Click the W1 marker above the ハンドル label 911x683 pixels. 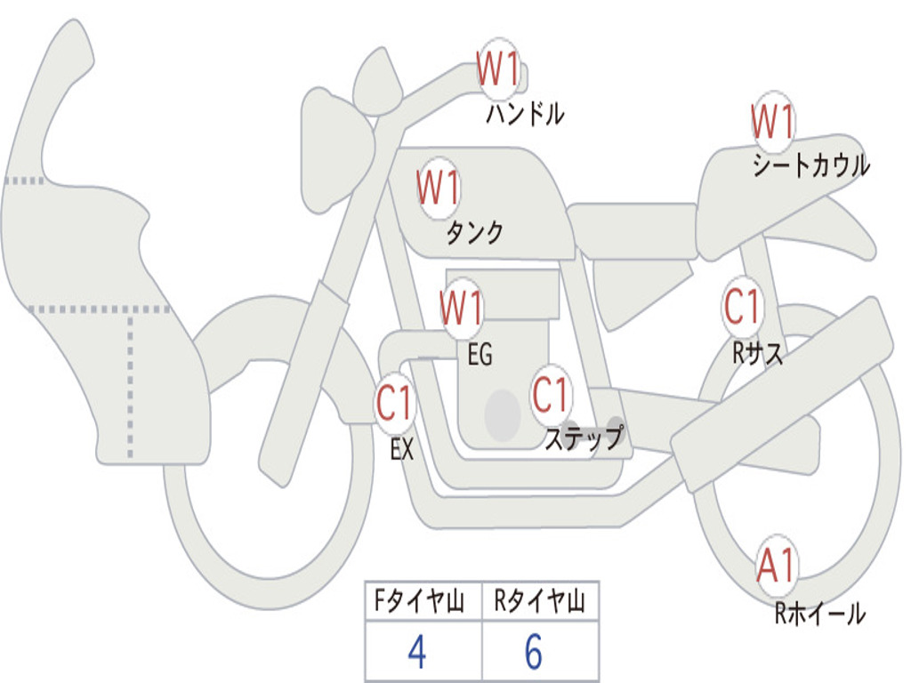point(498,68)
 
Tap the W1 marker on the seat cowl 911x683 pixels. point(773,121)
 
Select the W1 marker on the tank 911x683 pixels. point(439,187)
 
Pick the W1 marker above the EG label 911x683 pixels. point(462,307)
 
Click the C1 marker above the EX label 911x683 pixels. point(394,403)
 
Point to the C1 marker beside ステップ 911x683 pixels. point(550,394)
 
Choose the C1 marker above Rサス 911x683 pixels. point(742,306)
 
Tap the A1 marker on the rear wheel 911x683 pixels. point(776,566)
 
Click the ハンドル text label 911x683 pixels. point(525,114)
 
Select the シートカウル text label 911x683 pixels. point(811,165)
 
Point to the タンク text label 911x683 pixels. point(475,232)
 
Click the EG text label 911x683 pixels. point(480,354)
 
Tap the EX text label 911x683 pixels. point(402,449)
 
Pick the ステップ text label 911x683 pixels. point(584,437)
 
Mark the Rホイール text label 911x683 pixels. point(819,614)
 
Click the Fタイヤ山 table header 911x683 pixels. point(420,600)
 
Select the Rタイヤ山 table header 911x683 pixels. point(539,600)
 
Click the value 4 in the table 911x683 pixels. point(417,652)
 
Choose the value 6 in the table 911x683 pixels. point(534,652)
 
